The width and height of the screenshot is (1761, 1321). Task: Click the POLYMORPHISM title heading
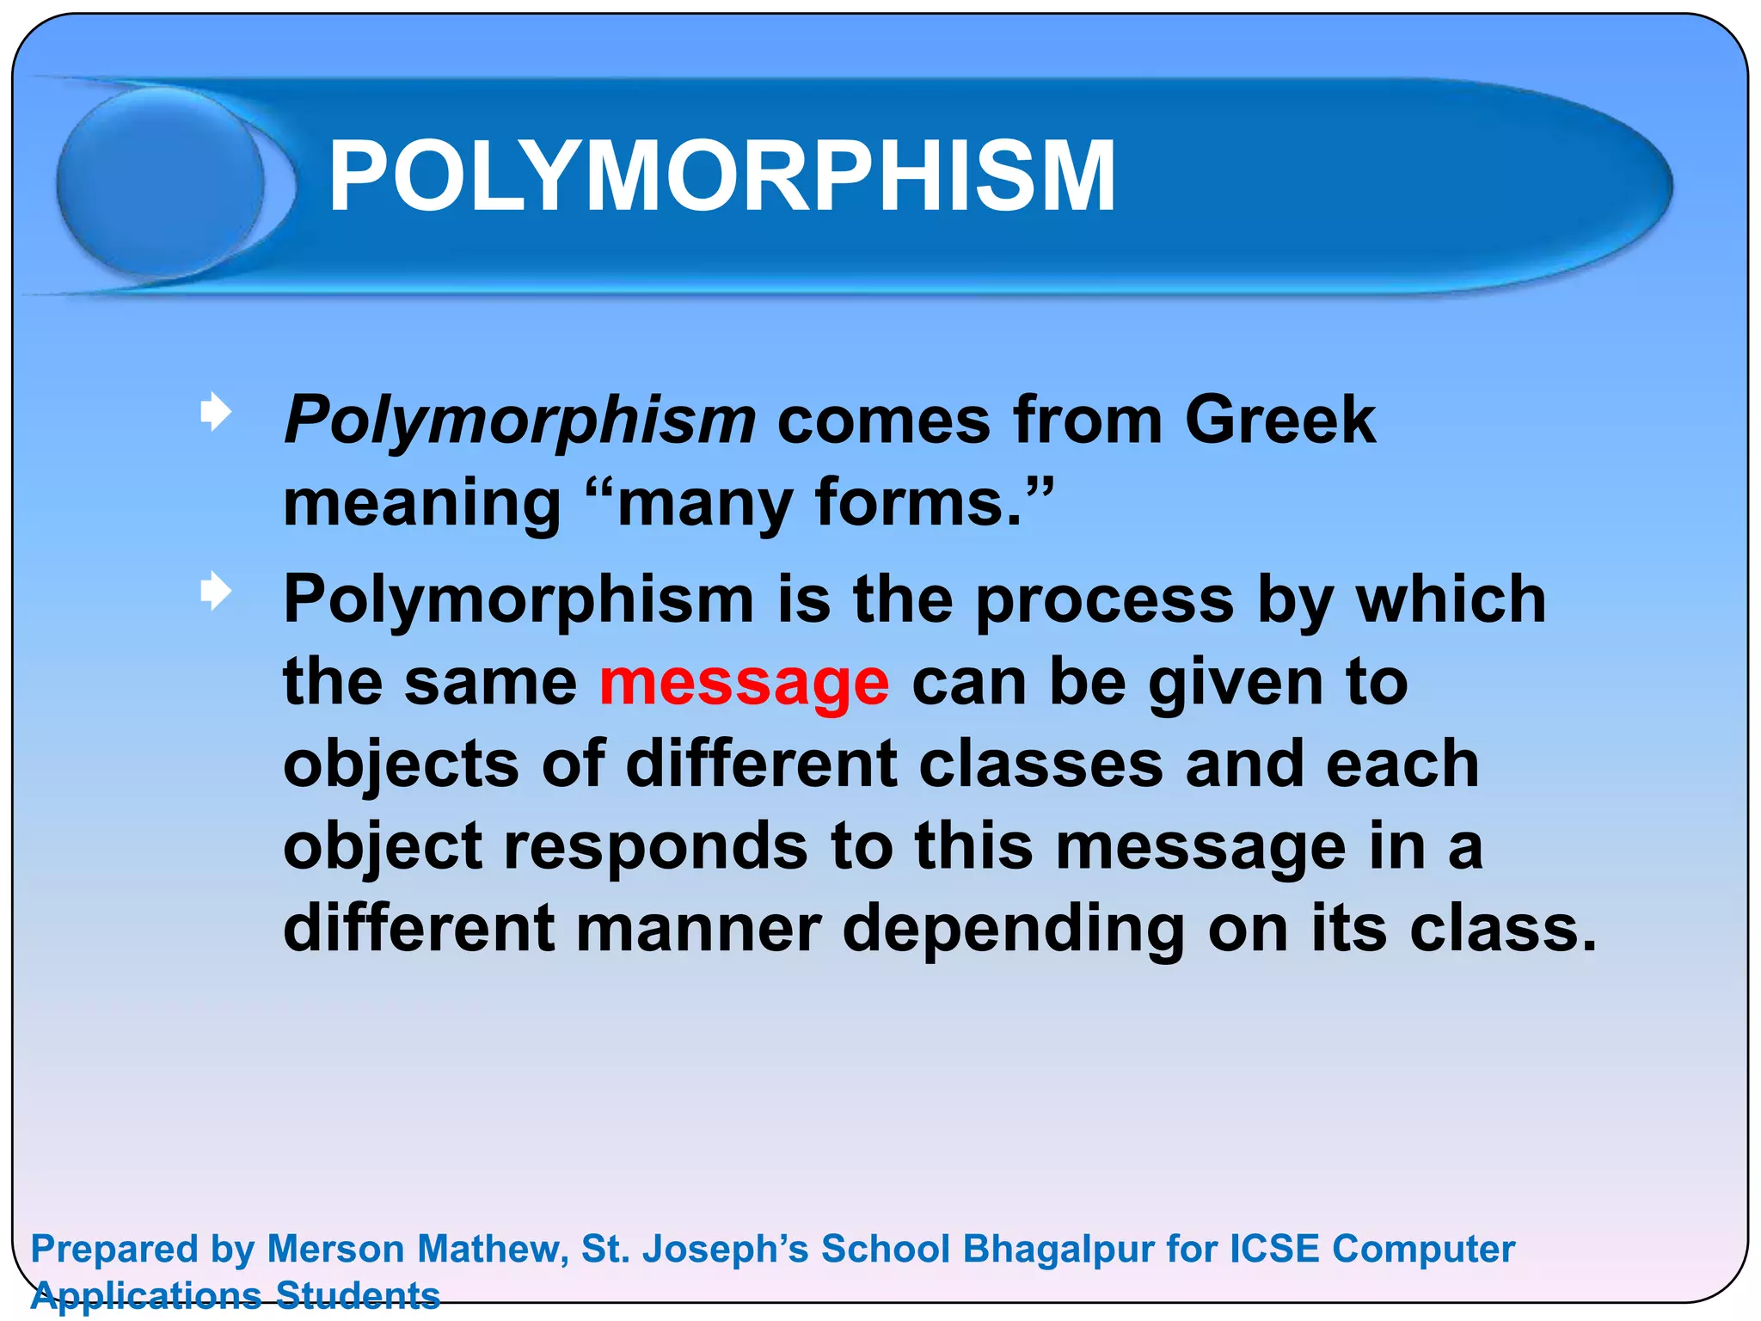pos(722,176)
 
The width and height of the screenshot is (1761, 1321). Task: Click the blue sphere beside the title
pos(161,182)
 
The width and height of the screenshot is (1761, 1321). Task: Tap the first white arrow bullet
pos(215,412)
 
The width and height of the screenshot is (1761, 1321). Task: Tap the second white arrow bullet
pos(215,592)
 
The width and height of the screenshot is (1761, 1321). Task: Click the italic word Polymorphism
pos(520,421)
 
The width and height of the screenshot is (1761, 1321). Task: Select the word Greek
pos(1279,420)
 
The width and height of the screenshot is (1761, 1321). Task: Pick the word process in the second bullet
pos(1105,599)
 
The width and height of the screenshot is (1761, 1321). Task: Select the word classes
pos(1040,764)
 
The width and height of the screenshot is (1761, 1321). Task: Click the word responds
pos(655,847)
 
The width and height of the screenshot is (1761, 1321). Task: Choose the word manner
pos(698,929)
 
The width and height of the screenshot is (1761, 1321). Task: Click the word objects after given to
pos(401,765)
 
